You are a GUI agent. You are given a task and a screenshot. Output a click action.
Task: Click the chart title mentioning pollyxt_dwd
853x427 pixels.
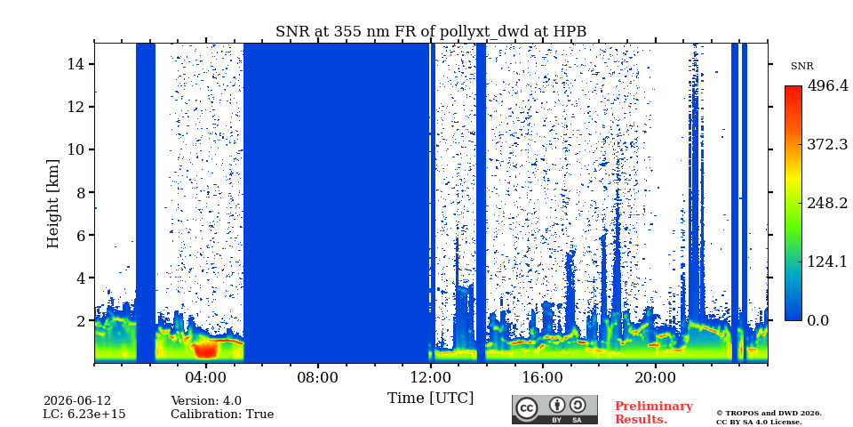(x=431, y=32)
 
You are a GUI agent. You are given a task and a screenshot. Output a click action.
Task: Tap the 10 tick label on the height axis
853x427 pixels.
(x=77, y=149)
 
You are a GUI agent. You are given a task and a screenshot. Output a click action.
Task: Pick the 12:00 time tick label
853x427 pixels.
(x=431, y=378)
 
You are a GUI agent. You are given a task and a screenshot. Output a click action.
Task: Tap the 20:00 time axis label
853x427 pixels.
(x=656, y=378)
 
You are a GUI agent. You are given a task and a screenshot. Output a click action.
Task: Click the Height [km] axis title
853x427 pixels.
(x=52, y=204)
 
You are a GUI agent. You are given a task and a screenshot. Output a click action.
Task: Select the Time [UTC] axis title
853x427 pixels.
(x=430, y=398)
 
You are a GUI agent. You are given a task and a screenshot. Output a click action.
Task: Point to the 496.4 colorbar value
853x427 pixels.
(x=827, y=85)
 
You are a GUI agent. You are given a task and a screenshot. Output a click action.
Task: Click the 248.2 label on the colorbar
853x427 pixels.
(x=827, y=203)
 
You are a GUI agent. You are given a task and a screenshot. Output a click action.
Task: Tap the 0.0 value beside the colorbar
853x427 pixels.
(x=817, y=320)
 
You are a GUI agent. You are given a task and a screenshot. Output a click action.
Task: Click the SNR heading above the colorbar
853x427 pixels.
(x=801, y=67)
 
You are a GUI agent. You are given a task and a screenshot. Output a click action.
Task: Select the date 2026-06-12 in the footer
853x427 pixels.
(x=77, y=401)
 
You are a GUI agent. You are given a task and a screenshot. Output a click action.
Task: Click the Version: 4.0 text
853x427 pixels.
(x=206, y=401)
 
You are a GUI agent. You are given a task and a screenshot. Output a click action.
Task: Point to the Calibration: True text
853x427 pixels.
(x=222, y=415)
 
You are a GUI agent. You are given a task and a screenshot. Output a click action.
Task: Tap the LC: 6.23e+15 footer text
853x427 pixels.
(x=84, y=415)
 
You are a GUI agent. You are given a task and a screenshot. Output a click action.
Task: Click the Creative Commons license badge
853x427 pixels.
(x=554, y=409)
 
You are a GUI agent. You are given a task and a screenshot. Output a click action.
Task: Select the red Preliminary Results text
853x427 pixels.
(x=654, y=413)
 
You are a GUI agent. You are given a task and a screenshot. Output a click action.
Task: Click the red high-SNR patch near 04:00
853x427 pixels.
(x=205, y=349)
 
